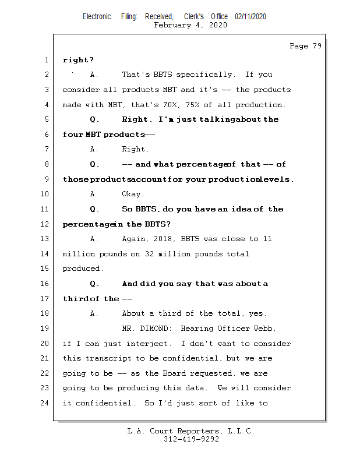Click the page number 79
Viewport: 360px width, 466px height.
(316, 46)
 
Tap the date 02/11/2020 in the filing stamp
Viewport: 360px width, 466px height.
(250, 17)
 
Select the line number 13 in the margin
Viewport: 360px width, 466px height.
(45, 239)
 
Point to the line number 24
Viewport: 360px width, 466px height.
(45, 403)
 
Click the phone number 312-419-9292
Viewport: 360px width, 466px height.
(191, 440)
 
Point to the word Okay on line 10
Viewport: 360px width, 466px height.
(132, 194)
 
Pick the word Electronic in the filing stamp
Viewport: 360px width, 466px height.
(97, 17)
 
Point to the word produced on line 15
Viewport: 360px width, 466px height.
(82, 269)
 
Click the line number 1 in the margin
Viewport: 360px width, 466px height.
(45, 60)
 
